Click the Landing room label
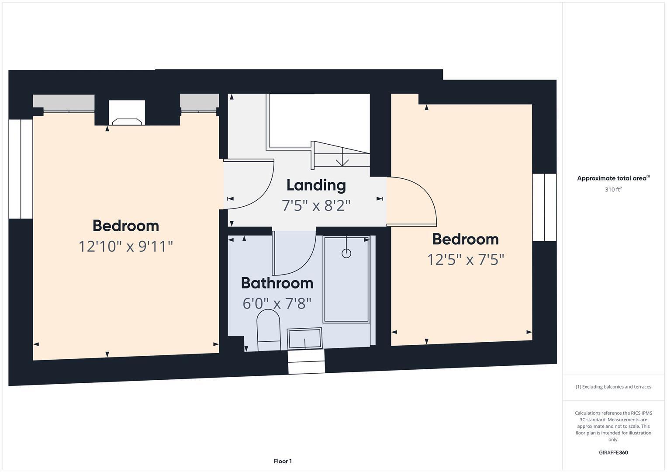316,185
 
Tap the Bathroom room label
277,283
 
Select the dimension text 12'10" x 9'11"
126,246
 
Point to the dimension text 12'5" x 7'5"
466,260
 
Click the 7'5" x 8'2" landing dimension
316,205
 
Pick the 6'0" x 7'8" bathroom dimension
277,303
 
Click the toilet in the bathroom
268,330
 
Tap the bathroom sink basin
304,338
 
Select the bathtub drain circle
346,253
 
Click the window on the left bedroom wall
21,169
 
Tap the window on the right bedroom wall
544,207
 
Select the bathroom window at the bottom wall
306,361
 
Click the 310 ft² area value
613,190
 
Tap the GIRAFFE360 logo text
613,452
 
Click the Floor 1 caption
283,461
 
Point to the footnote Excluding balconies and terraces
613,387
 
